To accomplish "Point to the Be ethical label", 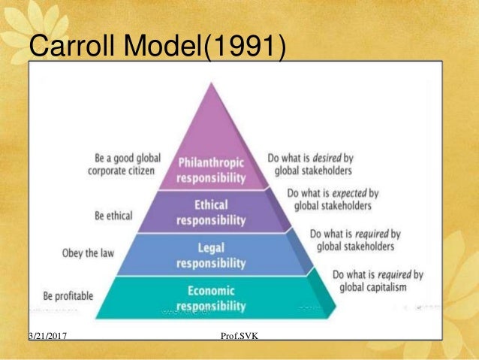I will click(114, 216).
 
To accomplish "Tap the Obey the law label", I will click(88, 253).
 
